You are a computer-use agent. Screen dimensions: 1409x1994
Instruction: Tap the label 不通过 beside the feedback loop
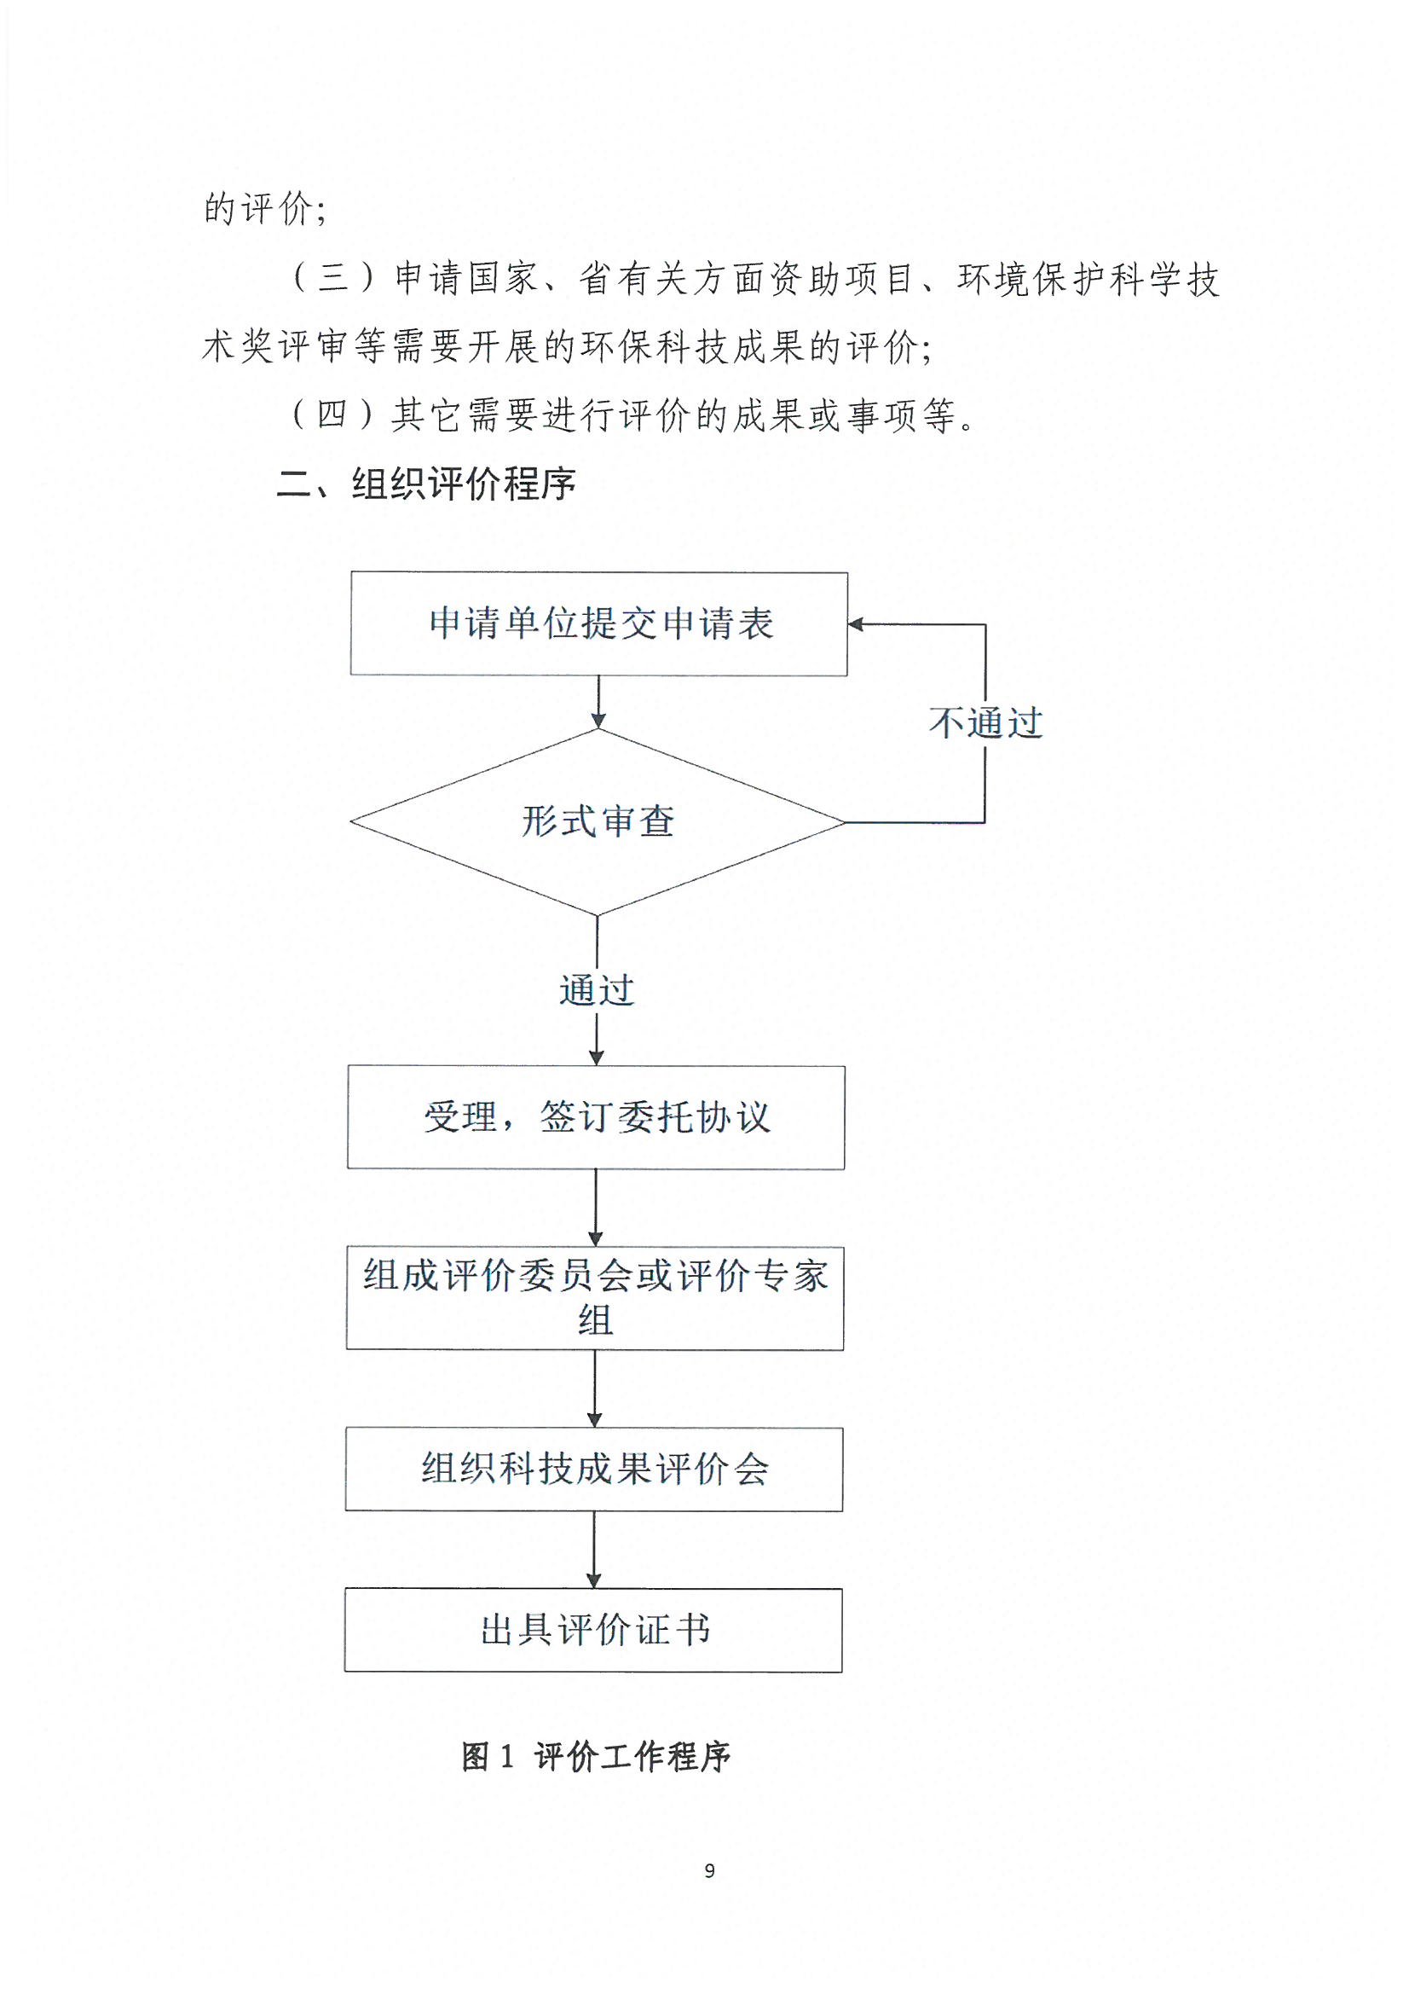(x=985, y=722)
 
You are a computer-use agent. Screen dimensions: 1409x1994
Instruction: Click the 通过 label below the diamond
(x=597, y=990)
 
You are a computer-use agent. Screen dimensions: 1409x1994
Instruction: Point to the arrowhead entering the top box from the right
(x=855, y=623)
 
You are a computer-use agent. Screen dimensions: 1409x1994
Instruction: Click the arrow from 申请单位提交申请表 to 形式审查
(x=598, y=702)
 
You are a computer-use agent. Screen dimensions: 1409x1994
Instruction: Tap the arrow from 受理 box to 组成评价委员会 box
(x=596, y=1208)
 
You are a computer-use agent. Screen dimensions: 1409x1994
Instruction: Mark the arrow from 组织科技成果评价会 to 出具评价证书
(x=594, y=1551)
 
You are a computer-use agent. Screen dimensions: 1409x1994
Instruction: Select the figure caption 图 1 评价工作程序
(x=596, y=1756)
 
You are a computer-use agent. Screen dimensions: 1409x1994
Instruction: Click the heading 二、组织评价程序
(x=425, y=484)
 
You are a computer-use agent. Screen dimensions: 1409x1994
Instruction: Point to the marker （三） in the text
(x=332, y=278)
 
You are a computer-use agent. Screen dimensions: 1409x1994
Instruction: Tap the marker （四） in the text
(x=332, y=414)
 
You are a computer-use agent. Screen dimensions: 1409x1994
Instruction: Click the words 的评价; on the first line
(x=265, y=209)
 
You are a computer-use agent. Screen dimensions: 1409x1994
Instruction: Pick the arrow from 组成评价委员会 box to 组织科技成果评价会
(x=595, y=1388)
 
